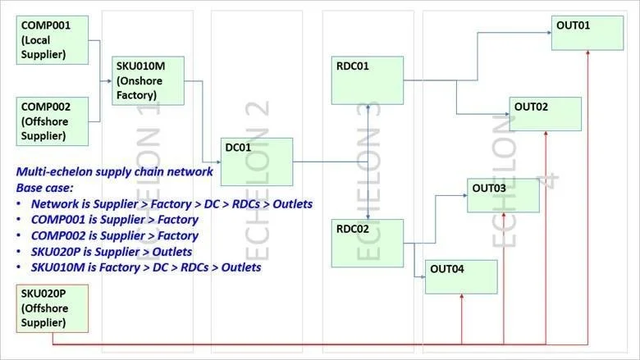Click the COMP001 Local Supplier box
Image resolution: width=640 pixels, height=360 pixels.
click(53, 40)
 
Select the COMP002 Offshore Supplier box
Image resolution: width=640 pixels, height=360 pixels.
click(53, 121)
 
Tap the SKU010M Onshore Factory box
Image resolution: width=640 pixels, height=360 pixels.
click(149, 80)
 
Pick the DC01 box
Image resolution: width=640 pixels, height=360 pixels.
click(257, 162)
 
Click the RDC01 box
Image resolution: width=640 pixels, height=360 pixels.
click(368, 80)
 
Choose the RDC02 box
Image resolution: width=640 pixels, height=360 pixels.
click(368, 244)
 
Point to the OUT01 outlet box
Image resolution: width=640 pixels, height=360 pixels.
click(587, 33)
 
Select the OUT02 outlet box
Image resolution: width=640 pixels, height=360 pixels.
click(546, 114)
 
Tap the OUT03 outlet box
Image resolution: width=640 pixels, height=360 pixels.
click(503, 196)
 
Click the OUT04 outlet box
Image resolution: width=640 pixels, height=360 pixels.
click(461, 277)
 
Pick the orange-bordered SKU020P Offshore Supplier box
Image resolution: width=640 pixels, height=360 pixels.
click(53, 308)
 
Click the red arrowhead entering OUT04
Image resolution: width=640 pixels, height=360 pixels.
click(462, 297)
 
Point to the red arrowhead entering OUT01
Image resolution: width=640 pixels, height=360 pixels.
click(587, 53)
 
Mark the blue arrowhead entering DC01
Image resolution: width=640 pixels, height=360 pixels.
click(218, 162)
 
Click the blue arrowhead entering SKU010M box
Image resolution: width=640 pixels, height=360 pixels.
click(109, 81)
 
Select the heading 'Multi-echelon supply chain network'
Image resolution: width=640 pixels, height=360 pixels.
click(114, 171)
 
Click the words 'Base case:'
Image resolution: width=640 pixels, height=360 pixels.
click(45, 188)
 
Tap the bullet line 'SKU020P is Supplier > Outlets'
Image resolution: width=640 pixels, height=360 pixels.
click(112, 252)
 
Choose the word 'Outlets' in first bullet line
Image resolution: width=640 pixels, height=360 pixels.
click(293, 204)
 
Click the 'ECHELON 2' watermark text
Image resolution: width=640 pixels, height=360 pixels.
click(257, 180)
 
